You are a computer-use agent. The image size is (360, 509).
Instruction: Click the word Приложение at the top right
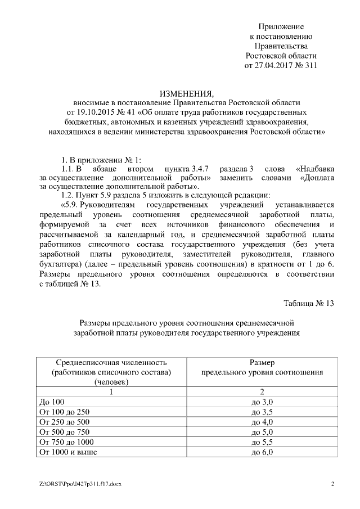tap(281, 26)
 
